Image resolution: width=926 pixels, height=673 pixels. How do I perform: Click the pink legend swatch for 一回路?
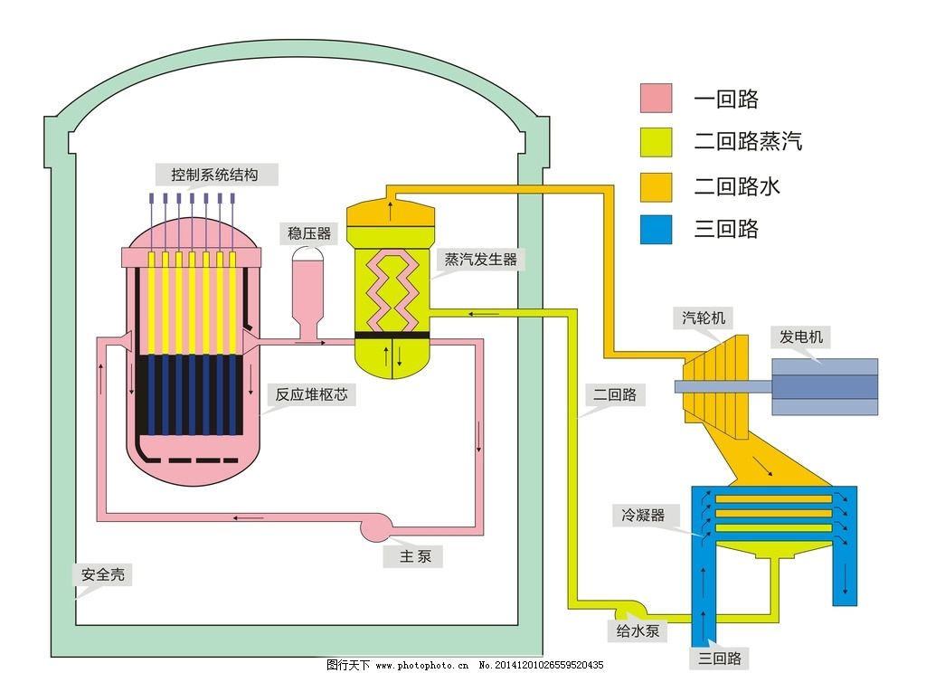(656, 98)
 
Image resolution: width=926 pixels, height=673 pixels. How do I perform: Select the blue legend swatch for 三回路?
(656, 229)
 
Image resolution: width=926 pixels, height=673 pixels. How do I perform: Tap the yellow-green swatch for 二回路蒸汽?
(656, 142)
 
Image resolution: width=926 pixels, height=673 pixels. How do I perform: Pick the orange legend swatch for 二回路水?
(656, 186)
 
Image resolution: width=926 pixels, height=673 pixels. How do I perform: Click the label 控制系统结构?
(214, 175)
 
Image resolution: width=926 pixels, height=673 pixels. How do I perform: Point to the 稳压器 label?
(309, 234)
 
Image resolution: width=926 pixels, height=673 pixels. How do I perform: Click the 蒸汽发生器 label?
(480, 260)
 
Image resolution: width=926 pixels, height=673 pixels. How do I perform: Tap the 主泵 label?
(415, 556)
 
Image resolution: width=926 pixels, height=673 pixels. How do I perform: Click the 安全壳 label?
(102, 574)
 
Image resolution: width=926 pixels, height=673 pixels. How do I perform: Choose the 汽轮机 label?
(704, 318)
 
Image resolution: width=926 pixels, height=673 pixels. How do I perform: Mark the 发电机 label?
(801, 337)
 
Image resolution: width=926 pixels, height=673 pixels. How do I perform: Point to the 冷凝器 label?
(643, 516)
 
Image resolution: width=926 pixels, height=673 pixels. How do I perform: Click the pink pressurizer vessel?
(309, 285)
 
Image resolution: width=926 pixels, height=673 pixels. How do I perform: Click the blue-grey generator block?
(823, 386)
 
